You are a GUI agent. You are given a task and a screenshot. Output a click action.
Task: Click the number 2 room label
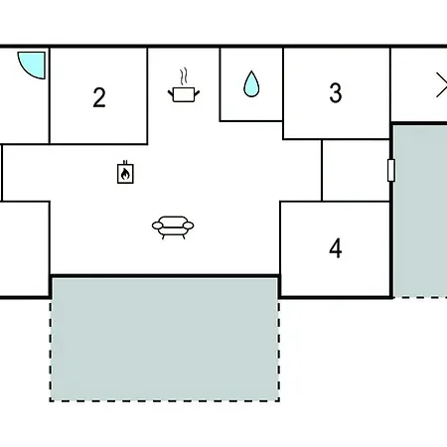click(x=99, y=97)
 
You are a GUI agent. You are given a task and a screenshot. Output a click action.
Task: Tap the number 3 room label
click(x=336, y=92)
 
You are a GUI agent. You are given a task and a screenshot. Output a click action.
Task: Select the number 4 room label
click(x=336, y=248)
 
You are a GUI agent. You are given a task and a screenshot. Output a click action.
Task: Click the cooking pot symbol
click(x=184, y=94)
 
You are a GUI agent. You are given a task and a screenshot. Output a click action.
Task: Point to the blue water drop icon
click(x=251, y=84)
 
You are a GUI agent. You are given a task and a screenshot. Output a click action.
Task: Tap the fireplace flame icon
click(x=125, y=174)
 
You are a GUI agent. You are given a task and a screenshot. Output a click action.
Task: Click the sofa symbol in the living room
click(x=173, y=227)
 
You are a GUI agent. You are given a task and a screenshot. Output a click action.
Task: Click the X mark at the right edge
click(x=442, y=85)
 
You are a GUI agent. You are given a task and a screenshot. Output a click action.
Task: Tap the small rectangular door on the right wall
click(x=391, y=170)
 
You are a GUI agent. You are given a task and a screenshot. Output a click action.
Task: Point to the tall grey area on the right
click(x=420, y=211)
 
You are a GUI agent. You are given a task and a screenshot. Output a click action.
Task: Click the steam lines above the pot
click(x=184, y=76)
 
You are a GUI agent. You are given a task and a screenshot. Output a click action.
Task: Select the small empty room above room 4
click(x=356, y=170)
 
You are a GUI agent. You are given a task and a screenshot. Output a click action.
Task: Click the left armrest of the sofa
click(x=157, y=225)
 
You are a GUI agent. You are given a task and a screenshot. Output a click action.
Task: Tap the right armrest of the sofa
click(x=189, y=225)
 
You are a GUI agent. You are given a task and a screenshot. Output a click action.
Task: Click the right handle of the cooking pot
click(x=197, y=93)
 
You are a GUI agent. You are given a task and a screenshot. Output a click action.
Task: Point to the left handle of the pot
click(x=171, y=93)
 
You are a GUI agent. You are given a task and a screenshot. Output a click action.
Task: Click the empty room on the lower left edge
click(x=25, y=249)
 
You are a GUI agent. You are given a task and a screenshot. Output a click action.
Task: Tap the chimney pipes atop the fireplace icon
click(x=125, y=162)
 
